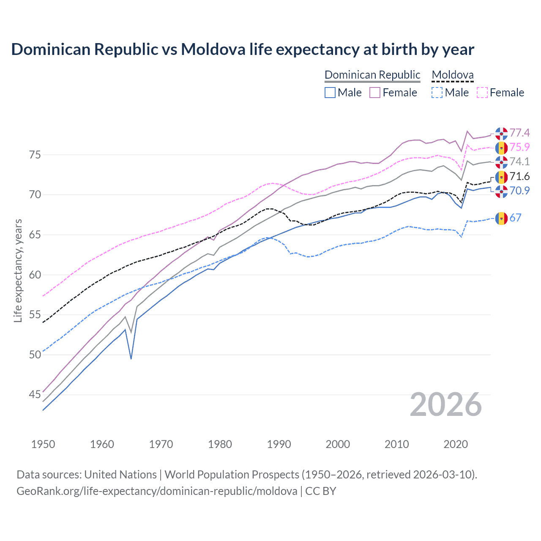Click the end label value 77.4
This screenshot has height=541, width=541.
tap(519, 133)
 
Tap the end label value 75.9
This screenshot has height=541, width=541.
tap(519, 147)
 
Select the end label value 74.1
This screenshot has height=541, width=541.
tap(519, 161)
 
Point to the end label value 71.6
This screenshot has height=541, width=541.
tap(519, 176)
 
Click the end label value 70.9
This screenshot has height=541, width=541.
tap(519, 191)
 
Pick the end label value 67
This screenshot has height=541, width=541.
tap(515, 218)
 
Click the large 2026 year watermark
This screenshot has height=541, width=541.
tap(446, 404)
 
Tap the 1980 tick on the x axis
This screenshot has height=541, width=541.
tap(220, 444)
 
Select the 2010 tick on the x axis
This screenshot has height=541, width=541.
tap(396, 444)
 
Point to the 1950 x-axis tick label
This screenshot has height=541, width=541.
tap(43, 444)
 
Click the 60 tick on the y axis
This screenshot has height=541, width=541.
tap(35, 275)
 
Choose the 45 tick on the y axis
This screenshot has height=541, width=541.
tap(35, 394)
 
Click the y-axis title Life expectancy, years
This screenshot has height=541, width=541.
tap(18, 270)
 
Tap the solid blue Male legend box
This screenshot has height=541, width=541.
tap(330, 93)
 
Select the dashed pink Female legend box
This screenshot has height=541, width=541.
tap(482, 93)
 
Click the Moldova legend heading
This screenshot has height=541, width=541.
tap(453, 75)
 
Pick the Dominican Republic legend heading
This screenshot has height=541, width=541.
tap(372, 75)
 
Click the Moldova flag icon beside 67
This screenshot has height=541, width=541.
tap(501, 218)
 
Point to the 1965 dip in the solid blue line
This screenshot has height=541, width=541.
tap(131, 358)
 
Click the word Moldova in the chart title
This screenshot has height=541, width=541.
tap(213, 49)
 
